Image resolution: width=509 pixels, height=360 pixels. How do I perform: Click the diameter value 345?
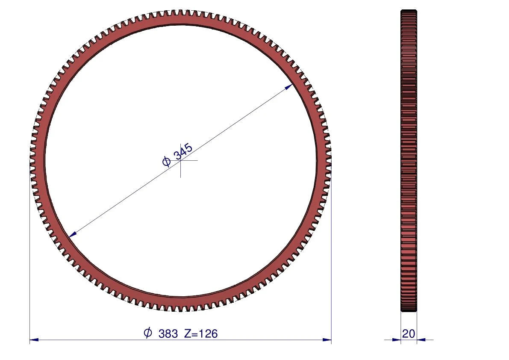(x=183, y=151)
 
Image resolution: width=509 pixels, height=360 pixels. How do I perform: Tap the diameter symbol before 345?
(x=166, y=161)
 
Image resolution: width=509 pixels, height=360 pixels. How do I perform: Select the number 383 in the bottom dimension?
(x=168, y=334)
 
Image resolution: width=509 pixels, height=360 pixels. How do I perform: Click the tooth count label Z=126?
(x=201, y=334)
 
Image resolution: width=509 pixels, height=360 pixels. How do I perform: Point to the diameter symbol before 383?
(x=148, y=333)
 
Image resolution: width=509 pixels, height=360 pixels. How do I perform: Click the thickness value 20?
(x=409, y=334)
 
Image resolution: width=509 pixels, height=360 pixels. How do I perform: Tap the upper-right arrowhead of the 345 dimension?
(x=288, y=87)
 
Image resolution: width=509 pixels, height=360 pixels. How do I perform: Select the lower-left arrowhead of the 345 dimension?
(x=73, y=234)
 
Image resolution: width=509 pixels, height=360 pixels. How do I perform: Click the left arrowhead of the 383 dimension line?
(x=34, y=340)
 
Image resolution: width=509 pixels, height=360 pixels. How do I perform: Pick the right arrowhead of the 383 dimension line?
(x=327, y=340)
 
